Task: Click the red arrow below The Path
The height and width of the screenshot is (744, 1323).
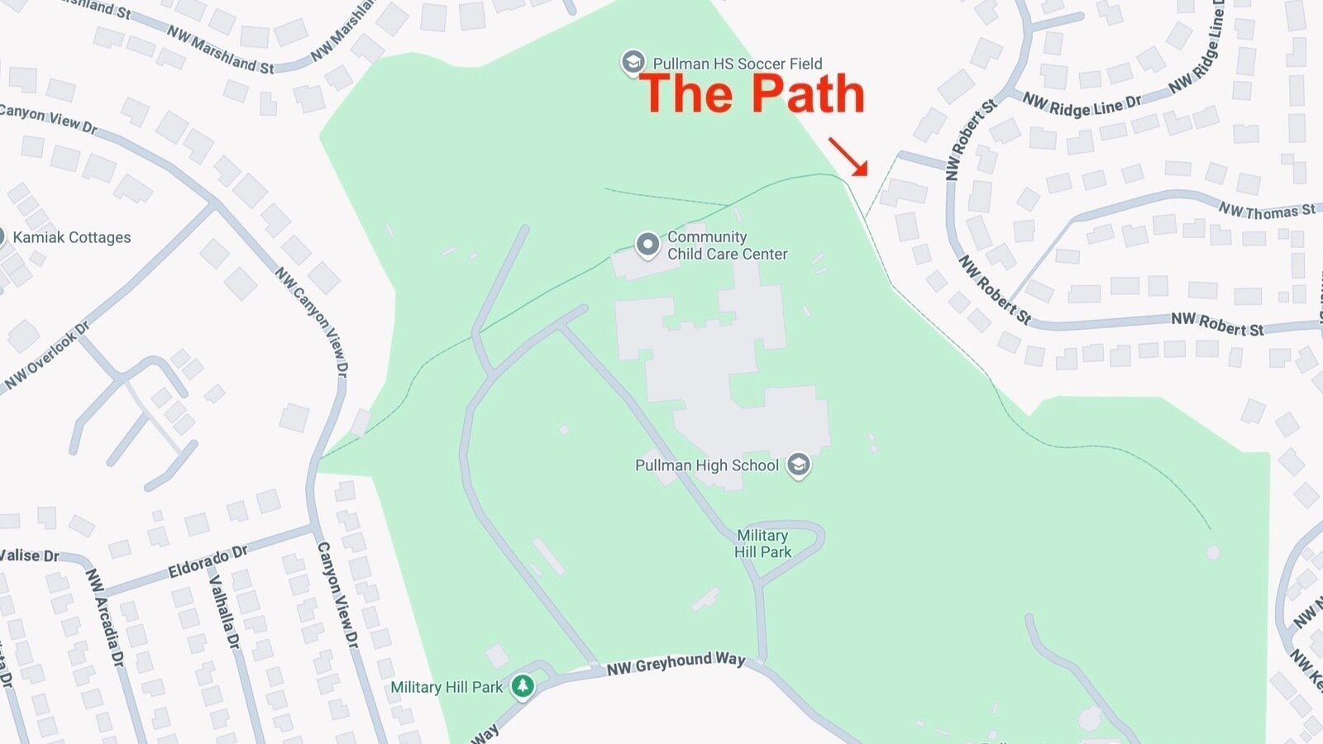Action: point(848,156)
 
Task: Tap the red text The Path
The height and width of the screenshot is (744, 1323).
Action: point(752,93)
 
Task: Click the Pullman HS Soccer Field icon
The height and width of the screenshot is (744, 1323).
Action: point(633,63)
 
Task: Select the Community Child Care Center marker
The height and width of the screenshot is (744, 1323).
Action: point(647,245)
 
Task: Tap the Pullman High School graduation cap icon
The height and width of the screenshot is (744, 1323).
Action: point(798,465)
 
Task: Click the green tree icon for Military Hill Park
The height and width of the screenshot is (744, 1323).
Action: point(522,686)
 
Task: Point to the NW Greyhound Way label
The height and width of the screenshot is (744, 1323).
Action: point(676,663)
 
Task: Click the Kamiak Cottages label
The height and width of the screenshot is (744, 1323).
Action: point(72,237)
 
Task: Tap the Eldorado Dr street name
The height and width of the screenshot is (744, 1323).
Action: point(208,562)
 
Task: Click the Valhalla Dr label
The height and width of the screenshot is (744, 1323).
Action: point(223,612)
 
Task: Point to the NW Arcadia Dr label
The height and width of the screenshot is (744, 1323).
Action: point(105,618)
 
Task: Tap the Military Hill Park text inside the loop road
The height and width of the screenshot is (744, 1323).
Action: point(762,544)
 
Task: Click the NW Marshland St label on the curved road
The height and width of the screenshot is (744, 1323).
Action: point(220,50)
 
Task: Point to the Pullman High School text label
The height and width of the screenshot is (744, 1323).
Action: point(706,465)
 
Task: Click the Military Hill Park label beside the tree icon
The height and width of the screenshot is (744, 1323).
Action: point(447,687)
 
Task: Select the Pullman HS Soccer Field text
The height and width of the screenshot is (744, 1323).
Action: point(737,64)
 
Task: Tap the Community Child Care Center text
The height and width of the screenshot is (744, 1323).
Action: point(727,246)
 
